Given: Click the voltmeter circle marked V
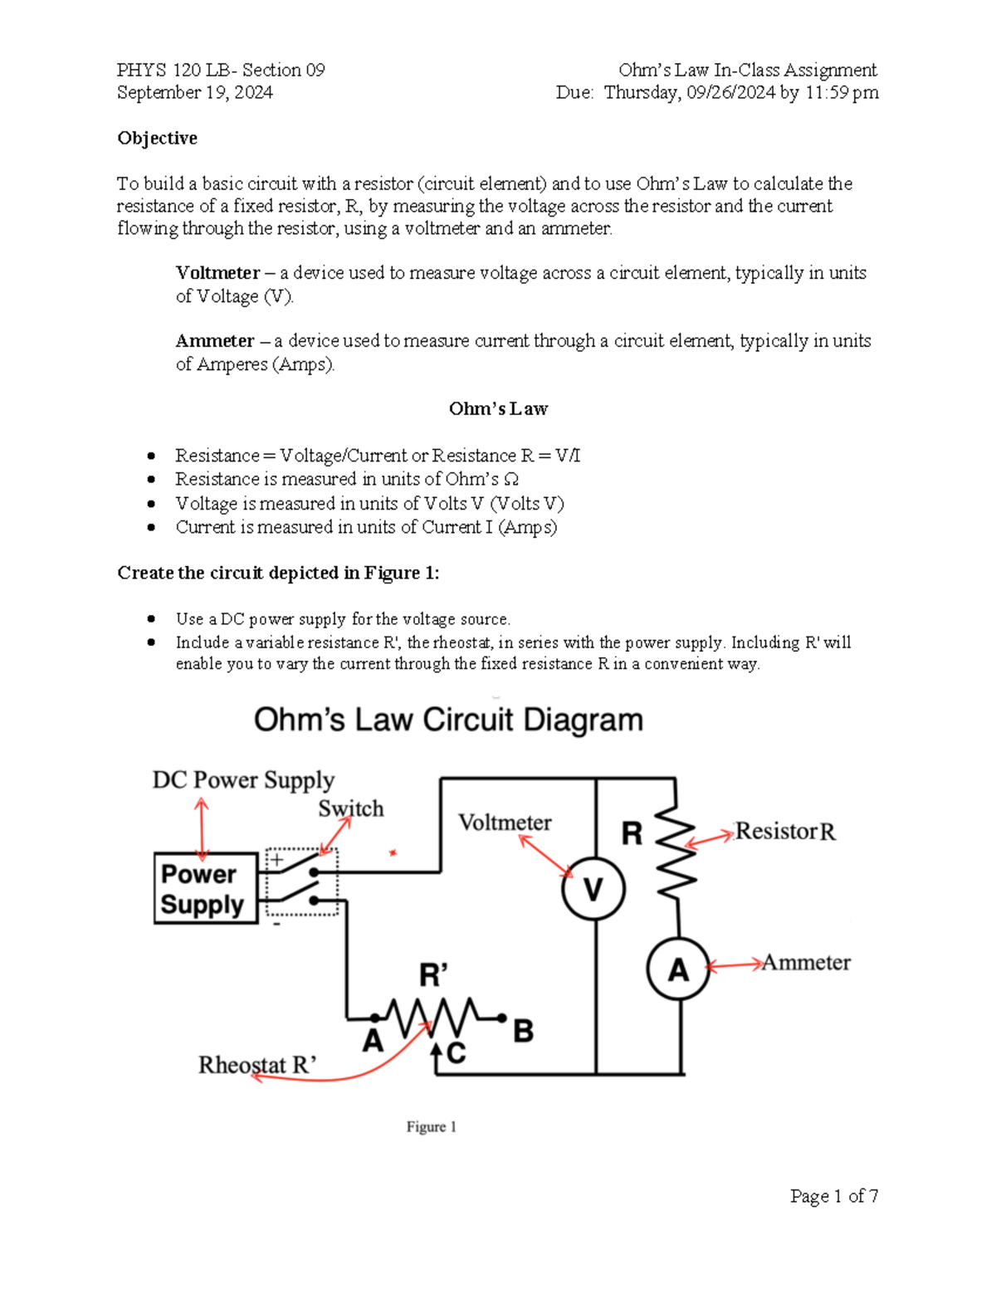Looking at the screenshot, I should click(593, 889).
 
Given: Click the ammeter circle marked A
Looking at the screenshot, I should click(678, 969).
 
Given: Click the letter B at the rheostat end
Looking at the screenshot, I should click(523, 1032).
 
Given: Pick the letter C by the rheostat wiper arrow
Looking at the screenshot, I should click(456, 1052).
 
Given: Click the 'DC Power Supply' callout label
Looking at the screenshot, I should click(243, 780).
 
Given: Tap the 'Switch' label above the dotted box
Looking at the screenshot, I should click(351, 808).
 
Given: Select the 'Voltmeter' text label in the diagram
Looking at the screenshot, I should click(505, 823).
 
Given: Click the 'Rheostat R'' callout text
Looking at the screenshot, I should click(257, 1065).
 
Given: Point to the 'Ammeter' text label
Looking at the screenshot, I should click(806, 963).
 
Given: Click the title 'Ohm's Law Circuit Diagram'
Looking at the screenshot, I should click(448, 720).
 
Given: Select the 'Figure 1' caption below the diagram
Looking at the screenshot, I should click(431, 1126).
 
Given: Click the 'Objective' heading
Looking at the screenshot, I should click(157, 138).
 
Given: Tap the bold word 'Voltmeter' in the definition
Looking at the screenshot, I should click(217, 273).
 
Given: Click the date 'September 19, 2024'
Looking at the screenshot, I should click(195, 92).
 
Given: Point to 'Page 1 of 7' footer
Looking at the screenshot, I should click(834, 1196).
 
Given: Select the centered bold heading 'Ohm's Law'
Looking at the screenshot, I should click(498, 408).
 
